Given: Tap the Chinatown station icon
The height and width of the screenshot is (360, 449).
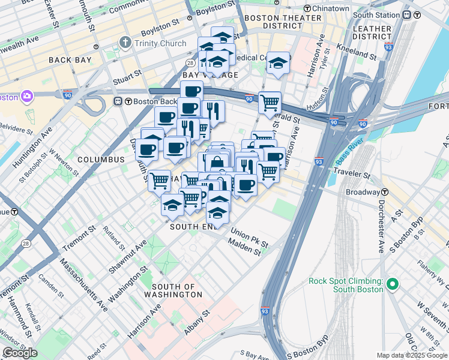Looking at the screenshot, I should point(308,8).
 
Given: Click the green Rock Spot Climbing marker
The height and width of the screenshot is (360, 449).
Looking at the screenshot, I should point(393,284).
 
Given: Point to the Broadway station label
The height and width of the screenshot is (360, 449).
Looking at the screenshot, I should point(363,193).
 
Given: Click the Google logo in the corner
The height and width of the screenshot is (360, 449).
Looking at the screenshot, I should point(20,353).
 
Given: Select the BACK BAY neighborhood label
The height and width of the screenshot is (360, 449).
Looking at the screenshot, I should point(69,60).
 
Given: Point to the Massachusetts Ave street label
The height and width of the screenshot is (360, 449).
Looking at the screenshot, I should point(83,284).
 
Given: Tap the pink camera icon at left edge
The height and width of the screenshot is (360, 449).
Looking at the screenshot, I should point(27,96).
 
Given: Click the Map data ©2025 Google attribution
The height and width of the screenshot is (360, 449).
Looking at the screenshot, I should point(412,355).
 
